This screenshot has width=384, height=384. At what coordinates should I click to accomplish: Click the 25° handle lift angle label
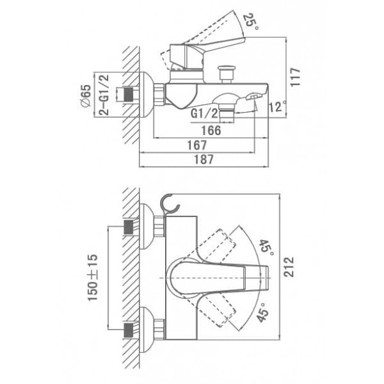tap(250, 22)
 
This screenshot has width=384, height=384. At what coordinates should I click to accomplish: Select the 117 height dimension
tap(295, 77)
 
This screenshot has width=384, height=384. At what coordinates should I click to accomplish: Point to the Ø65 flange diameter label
tap(86, 95)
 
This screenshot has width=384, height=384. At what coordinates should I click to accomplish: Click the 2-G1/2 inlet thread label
tap(104, 95)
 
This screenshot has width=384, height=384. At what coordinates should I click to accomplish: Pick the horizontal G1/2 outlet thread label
tap(204, 113)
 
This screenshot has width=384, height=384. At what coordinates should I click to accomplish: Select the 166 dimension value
tap(211, 131)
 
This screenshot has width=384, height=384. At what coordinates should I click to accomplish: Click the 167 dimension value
tap(197, 145)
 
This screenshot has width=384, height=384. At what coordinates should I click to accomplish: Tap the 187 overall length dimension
tap(204, 159)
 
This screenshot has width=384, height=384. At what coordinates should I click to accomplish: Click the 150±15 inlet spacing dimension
tap(93, 278)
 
